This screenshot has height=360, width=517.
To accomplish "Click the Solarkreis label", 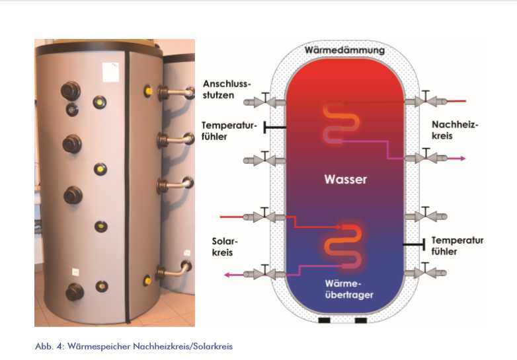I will pos(226,247).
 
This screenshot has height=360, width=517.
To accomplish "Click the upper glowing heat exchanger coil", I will pos(342,122).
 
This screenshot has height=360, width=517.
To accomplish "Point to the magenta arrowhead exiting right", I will pos(462,159).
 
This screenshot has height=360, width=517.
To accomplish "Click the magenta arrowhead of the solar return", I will pos(227,273).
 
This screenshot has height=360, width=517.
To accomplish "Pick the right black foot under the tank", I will pos(360,321).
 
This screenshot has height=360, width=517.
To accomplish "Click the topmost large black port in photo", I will pos(69,90).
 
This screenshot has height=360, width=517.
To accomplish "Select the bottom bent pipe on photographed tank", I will pos(177,270).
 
